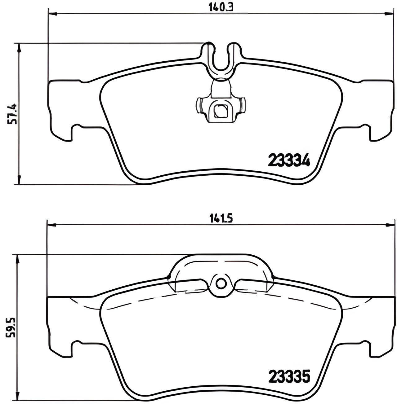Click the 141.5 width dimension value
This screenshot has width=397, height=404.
tap(221, 219)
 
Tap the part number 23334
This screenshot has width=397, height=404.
tap(289, 160)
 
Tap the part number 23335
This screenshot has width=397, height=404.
tap(289, 377)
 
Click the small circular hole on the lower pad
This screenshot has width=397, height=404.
tap(221, 283)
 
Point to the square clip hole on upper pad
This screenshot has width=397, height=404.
tap(221, 111)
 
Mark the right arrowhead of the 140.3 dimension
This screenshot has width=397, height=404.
tap(389, 13)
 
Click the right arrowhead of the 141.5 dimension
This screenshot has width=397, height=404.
tap(390, 225)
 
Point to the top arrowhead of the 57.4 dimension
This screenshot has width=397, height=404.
tap(19, 47)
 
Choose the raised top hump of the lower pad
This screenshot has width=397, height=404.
tap(221, 263)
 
